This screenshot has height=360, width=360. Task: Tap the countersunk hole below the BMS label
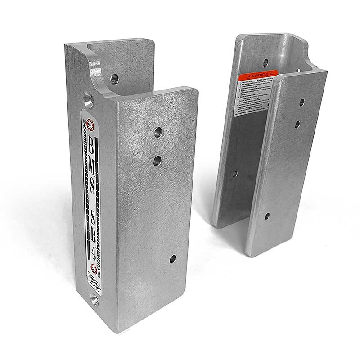pos(94,299)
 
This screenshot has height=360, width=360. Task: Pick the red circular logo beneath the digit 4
pos(94,270)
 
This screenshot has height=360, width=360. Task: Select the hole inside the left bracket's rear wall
pos(114,79)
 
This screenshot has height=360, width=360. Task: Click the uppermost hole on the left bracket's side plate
pos(157,132)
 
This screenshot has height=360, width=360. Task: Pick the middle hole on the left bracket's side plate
pos(157,160)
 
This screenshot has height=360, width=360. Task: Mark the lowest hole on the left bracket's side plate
pos(172,259)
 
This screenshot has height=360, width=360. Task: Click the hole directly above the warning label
pos(265,63)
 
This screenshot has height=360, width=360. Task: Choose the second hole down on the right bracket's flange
pos(297,124)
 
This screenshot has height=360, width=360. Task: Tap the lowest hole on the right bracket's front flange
pos(267,216)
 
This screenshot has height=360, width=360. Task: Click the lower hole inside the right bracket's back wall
pos(234,174)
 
